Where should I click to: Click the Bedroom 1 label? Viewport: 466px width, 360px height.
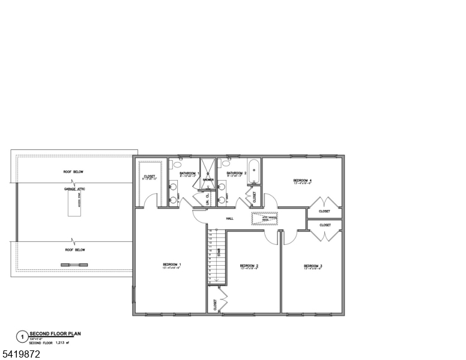[x=172, y=265]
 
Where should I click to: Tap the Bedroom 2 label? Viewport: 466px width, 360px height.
[x=249, y=266]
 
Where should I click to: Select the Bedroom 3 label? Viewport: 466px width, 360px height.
[x=313, y=266]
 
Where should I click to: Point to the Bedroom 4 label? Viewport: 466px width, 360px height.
[x=302, y=180]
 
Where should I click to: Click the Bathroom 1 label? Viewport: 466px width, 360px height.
[x=181, y=173]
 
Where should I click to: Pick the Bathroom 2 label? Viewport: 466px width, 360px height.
[x=237, y=173]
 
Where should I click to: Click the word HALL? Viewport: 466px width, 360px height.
[x=229, y=218]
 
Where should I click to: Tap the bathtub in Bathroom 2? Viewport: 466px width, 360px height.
[x=255, y=172]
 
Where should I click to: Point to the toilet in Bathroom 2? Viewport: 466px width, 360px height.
[x=225, y=162]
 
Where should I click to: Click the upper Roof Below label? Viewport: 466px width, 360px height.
[x=73, y=172]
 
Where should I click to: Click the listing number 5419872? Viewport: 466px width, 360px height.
[x=21, y=354]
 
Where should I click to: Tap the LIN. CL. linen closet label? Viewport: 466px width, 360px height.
[x=208, y=198]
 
